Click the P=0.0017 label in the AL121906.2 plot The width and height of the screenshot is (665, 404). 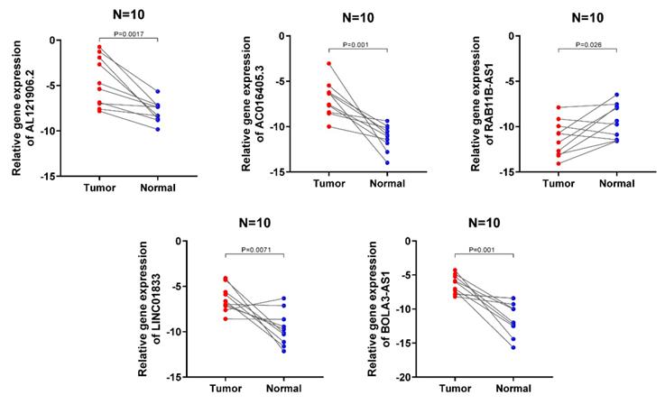tap(128, 33)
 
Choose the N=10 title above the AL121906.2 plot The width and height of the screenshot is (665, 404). tap(128, 11)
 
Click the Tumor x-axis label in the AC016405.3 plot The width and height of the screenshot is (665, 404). tap(328, 184)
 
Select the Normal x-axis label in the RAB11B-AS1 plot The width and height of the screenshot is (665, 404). tap(616, 184)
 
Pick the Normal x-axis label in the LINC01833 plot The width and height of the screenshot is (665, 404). tap(283, 390)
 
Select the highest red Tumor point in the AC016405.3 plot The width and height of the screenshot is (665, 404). tap(328, 64)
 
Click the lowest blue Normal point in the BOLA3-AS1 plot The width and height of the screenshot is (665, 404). tap(513, 347)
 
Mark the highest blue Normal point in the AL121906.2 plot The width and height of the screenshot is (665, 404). tap(158, 91)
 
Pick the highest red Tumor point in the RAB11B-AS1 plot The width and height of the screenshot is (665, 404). tap(559, 107)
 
